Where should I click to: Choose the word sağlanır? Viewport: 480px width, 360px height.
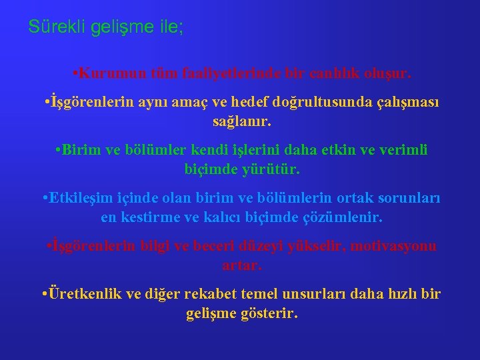coord(242,122)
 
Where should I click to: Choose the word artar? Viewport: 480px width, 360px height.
coord(243,265)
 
